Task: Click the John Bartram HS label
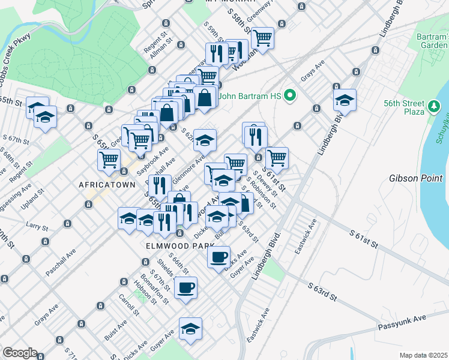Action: coord(251,95)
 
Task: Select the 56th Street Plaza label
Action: coord(403,107)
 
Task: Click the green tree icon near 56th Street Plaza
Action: coord(435,107)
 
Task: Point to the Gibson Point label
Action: coord(415,178)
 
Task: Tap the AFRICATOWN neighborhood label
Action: coord(107,185)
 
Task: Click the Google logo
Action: coord(20,353)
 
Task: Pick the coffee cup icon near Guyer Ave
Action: coord(218,257)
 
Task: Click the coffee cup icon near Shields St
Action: coord(185,287)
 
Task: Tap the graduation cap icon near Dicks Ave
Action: coord(190,328)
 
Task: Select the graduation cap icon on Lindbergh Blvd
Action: coord(345,99)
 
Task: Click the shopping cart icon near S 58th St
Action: coord(262,38)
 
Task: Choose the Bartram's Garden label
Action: coord(432,41)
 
